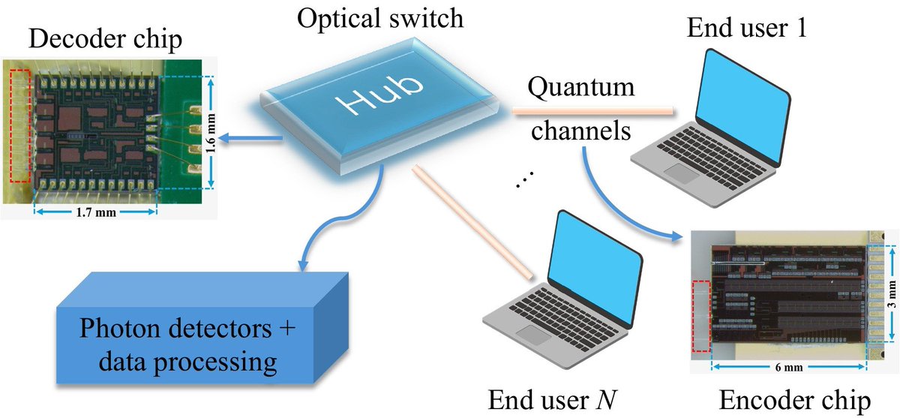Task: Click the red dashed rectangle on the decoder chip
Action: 21,127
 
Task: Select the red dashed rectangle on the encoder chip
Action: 700,316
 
